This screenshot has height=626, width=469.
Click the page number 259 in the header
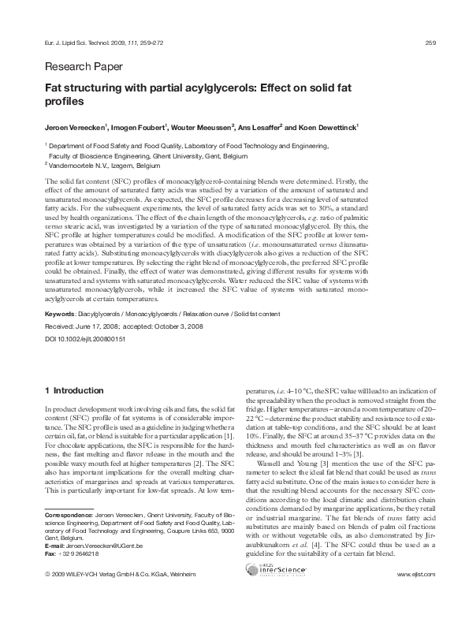tap(430, 42)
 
